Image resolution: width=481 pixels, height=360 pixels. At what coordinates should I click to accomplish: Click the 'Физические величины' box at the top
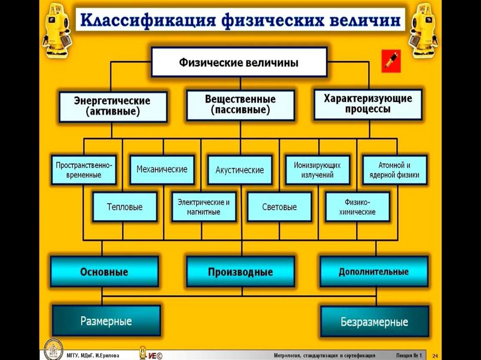click(x=239, y=62)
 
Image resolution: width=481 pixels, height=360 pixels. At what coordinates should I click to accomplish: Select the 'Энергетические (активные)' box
click(x=113, y=107)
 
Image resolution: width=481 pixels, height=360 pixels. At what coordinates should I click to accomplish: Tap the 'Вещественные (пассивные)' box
click(x=240, y=105)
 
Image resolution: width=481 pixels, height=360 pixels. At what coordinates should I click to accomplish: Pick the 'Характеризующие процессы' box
click(x=368, y=104)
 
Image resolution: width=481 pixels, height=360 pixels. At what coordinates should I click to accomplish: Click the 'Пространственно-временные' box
click(x=84, y=170)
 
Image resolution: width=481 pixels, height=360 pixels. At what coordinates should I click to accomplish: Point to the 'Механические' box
click(x=162, y=169)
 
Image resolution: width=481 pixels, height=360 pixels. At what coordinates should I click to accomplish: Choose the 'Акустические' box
click(x=240, y=170)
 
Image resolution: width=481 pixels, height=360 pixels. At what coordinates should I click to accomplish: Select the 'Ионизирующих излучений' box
click(x=318, y=170)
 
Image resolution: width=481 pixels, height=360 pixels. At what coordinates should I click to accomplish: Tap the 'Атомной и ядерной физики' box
click(x=395, y=170)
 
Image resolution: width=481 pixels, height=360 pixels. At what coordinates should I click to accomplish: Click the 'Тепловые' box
click(x=124, y=207)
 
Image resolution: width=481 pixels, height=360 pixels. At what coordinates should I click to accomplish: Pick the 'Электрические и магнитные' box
click(x=203, y=207)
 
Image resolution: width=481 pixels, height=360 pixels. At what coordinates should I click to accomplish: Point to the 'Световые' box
click(x=279, y=207)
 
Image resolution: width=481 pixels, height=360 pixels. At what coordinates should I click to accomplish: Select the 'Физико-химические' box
click(x=357, y=207)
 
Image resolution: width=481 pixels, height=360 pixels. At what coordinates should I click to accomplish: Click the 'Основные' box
click(x=104, y=272)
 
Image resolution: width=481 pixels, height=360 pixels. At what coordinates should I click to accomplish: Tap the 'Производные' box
click(x=240, y=272)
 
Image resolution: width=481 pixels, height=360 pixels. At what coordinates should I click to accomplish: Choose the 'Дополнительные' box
click(x=374, y=271)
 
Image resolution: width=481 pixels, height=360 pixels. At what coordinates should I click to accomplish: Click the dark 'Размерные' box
click(x=106, y=321)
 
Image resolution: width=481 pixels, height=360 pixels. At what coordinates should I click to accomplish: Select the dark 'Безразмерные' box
click(x=374, y=322)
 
